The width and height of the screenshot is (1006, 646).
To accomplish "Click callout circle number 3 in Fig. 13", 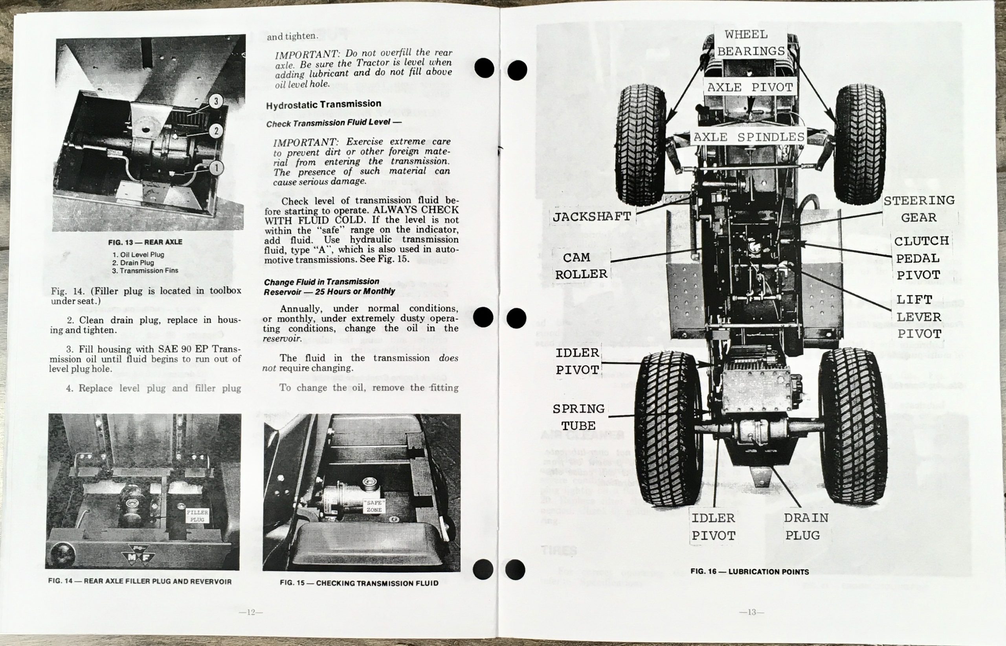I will [x=216, y=101].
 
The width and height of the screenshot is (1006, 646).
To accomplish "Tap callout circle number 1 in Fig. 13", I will [x=217, y=168].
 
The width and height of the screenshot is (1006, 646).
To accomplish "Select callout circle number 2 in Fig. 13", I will [x=216, y=131].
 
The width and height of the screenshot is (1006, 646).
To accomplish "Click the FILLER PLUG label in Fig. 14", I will [x=197, y=516].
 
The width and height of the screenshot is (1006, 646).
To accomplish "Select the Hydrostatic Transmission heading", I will [x=323, y=104].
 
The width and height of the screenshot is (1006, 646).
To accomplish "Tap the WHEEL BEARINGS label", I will [x=751, y=43].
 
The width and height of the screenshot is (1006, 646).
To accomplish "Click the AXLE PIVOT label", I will [x=750, y=87].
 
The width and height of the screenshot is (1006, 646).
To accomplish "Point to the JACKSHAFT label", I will [x=591, y=217].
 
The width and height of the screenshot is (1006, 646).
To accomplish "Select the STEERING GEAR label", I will [x=919, y=209].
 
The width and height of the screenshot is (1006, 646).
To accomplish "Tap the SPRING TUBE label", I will [x=578, y=417].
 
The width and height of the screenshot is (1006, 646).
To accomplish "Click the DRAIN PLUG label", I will [x=806, y=527].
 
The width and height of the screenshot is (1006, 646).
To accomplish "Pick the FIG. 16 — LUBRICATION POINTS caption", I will [x=750, y=572].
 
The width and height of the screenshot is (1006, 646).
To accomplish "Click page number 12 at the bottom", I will [x=251, y=612].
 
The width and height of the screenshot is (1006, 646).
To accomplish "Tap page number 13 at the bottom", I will [x=751, y=613].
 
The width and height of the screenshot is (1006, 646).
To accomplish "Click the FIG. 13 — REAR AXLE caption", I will [x=145, y=242].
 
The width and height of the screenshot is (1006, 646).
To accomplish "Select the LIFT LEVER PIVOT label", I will [x=919, y=317].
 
